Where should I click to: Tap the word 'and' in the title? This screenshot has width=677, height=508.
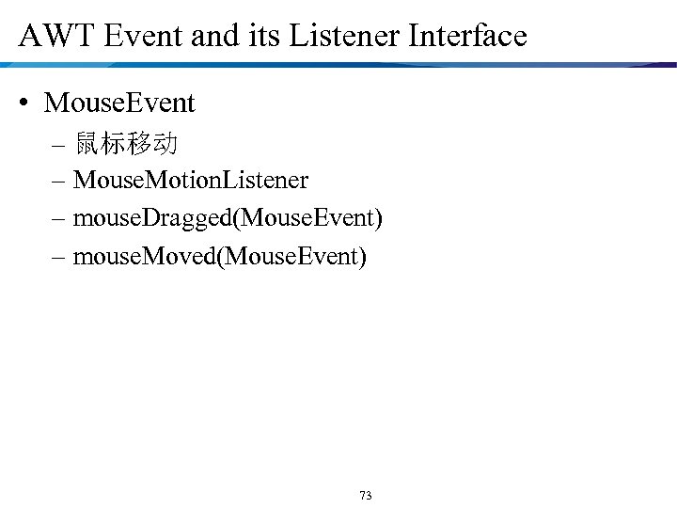212,37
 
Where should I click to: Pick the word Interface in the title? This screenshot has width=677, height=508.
464,37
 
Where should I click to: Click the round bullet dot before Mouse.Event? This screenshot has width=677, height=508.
26,103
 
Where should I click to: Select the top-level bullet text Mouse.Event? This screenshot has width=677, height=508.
119,103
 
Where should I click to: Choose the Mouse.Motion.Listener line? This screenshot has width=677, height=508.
190,179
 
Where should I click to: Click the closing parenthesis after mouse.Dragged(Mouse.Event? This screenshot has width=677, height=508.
378,217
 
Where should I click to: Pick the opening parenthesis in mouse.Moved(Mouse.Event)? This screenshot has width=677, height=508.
221,255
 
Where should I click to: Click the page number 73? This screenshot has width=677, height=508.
366,495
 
